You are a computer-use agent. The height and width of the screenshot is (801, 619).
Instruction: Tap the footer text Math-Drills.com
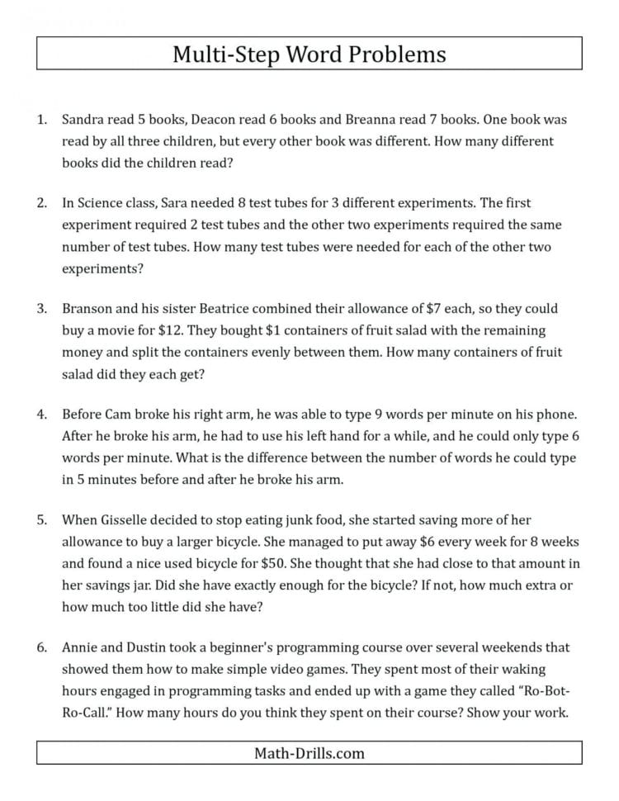tap(309, 753)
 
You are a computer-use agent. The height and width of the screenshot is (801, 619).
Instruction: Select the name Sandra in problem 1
tap(84, 119)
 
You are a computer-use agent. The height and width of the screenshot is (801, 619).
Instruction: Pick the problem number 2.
tap(42, 201)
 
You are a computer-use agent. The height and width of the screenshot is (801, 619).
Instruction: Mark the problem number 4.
tap(42, 415)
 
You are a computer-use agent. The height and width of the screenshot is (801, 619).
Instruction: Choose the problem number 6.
tap(42, 648)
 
